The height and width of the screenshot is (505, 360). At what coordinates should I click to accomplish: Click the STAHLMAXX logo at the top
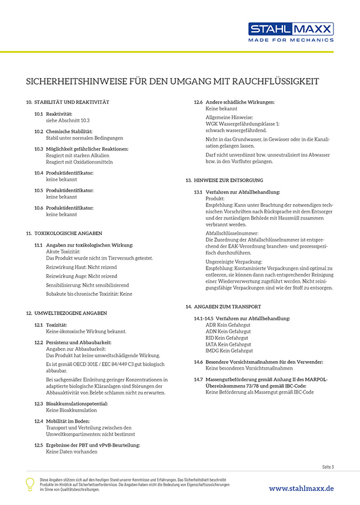(291, 29)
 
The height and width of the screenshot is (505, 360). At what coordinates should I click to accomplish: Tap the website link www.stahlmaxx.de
(301, 488)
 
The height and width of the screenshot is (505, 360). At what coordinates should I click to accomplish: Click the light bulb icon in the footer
(30, 483)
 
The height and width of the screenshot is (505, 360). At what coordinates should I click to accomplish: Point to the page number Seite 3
(328, 467)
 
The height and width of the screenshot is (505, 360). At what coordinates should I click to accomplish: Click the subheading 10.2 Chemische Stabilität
(69, 131)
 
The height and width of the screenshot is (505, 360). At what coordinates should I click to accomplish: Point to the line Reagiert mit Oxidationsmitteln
(79, 162)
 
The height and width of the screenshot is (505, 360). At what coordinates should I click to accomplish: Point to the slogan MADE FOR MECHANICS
(291, 41)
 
